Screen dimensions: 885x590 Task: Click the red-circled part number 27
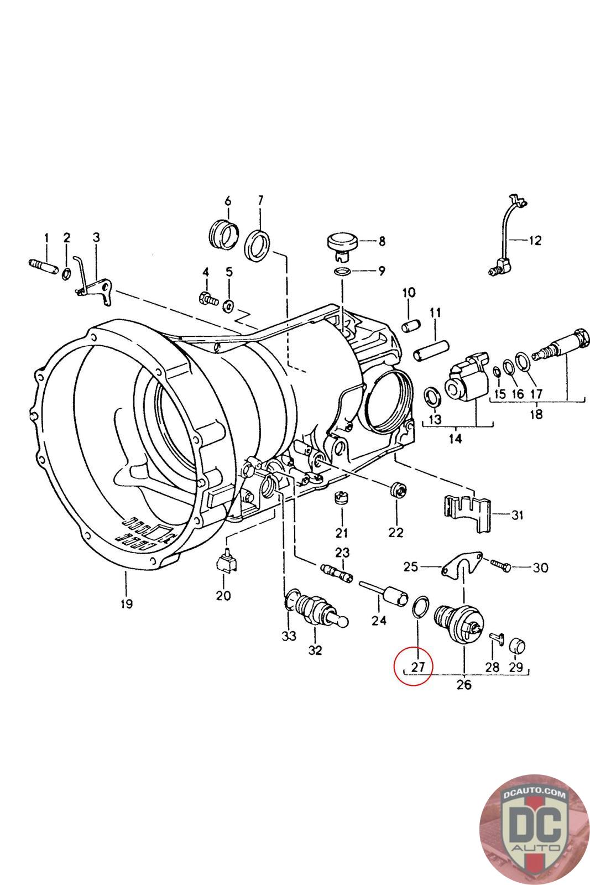pyautogui.click(x=417, y=667)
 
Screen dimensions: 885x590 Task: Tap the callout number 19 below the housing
pyautogui.click(x=126, y=603)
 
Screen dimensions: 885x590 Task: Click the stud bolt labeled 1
pyautogui.click(x=43, y=265)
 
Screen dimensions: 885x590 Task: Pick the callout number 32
pyautogui.click(x=315, y=650)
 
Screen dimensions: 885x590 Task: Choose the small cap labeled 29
pyautogui.click(x=516, y=645)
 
